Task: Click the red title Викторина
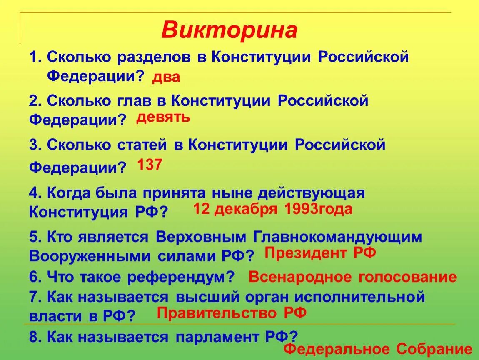click(x=229, y=30)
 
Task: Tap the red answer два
click(x=166, y=77)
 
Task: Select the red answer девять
click(x=163, y=118)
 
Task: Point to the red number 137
click(x=150, y=165)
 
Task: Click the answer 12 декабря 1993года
click(x=272, y=209)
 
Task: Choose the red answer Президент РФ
click(x=320, y=252)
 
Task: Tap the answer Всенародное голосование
click(x=352, y=277)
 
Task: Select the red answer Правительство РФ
click(x=232, y=312)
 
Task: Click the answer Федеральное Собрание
click(x=378, y=349)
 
